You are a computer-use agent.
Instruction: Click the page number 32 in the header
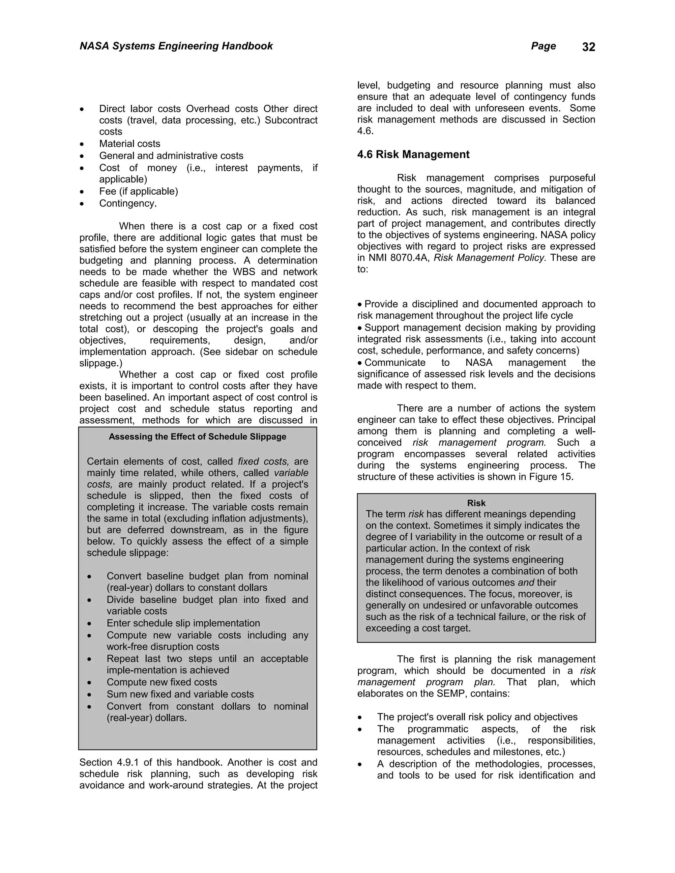coord(588,47)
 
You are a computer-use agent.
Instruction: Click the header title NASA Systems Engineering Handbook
coord(176,46)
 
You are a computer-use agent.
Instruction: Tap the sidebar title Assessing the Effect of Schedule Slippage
coord(197,436)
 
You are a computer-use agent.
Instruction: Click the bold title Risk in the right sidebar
coord(476,503)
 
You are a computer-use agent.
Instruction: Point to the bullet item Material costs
coord(130,144)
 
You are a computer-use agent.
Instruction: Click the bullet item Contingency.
coord(128,204)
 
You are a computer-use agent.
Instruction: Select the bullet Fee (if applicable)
coord(138,191)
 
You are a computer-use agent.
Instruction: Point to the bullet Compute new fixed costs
coord(161,682)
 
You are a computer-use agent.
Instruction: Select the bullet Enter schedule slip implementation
coord(183,623)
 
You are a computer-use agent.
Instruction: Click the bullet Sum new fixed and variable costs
coord(180,694)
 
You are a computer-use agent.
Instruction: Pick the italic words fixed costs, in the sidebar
coord(263,461)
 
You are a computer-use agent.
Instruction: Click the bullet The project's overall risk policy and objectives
coord(477,717)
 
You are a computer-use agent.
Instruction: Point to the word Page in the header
coord(543,46)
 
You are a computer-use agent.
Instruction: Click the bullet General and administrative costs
coord(171,155)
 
